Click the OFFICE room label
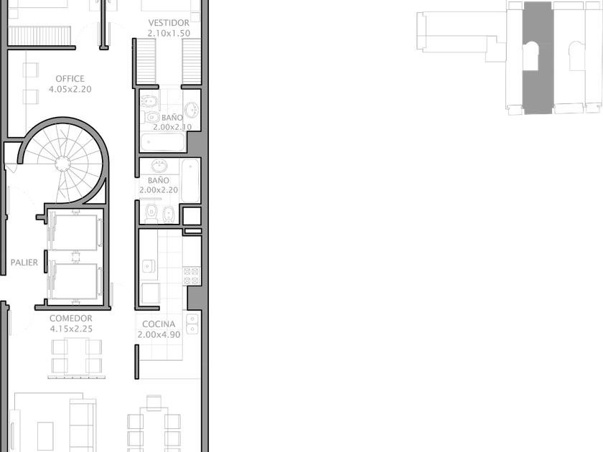[70, 79]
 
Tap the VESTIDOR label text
[169, 23]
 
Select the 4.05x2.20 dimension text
[70, 89]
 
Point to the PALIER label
[24, 263]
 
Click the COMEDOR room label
[71, 319]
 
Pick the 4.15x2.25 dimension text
[71, 329]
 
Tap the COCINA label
[159, 324]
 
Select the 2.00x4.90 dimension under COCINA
[159, 334]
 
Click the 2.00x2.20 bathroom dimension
[159, 190]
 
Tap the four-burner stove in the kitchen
[192, 276]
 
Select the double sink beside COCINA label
[192, 324]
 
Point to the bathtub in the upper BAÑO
[163, 142]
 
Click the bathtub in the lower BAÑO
[190, 181]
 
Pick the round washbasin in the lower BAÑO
[159, 166]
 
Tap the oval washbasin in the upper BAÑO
[192, 110]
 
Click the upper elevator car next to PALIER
[74, 233]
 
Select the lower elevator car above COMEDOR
[74, 281]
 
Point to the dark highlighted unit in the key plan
[538, 57]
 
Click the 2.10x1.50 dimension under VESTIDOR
[169, 34]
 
